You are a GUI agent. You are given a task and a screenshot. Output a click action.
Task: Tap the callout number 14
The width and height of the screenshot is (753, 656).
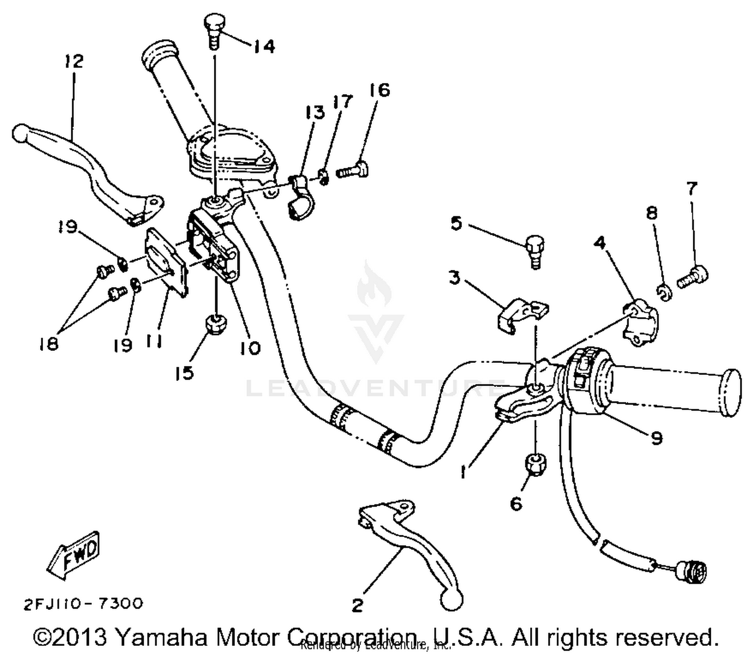(264, 46)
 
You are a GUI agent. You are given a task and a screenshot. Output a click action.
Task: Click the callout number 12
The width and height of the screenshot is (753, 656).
(73, 61)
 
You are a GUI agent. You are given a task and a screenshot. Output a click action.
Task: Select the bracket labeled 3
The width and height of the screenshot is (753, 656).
(523, 315)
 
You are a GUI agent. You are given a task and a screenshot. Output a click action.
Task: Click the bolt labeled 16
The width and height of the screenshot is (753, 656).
(353, 171)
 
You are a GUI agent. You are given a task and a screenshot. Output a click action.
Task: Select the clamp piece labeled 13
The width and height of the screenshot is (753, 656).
(300, 196)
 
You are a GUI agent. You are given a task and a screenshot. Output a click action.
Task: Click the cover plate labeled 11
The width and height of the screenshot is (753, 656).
(166, 261)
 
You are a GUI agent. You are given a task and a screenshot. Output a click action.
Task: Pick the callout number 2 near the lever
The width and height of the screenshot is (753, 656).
(357, 605)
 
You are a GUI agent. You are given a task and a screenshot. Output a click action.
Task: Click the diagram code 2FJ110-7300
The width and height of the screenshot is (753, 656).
(83, 603)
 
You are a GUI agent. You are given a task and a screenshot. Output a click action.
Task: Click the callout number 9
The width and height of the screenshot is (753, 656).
(656, 438)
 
